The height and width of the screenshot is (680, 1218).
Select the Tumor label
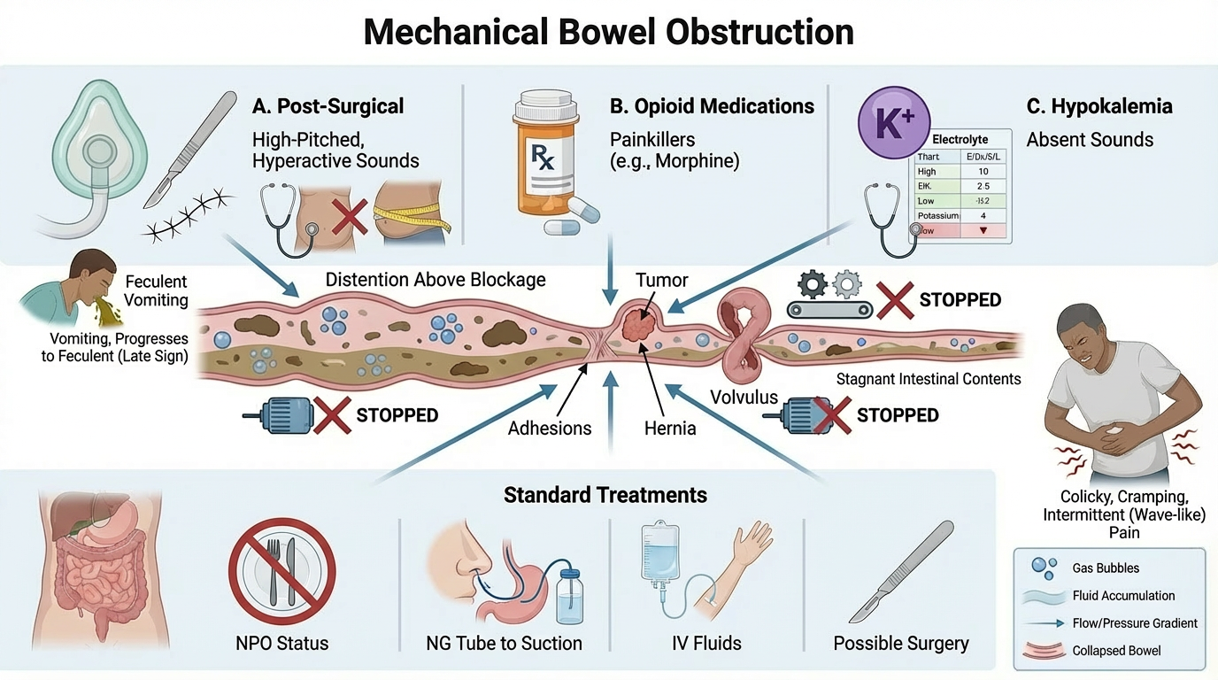click(662, 280)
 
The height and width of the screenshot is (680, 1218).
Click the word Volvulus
click(744, 398)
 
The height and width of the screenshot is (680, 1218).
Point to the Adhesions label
click(550, 428)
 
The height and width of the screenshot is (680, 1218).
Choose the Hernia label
click(670, 428)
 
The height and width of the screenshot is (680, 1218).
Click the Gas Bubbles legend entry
click(1106, 568)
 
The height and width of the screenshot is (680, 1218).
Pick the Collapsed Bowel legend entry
click(1116, 651)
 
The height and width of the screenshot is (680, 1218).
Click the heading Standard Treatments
click(605, 494)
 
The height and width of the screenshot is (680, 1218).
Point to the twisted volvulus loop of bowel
click(742, 336)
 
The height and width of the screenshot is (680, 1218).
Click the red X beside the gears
click(895, 300)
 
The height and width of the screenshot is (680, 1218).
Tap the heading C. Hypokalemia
click(1099, 107)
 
